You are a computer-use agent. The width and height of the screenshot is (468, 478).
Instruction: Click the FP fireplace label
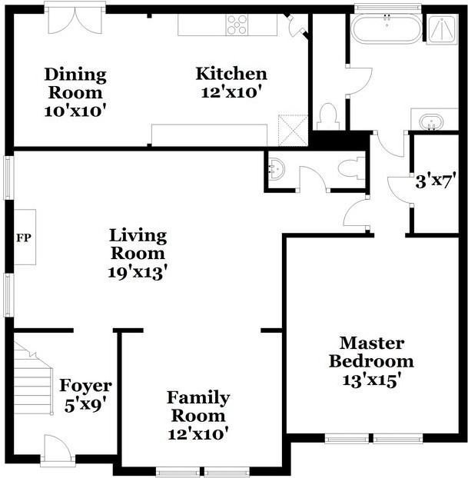pyautogui.click(x=24, y=237)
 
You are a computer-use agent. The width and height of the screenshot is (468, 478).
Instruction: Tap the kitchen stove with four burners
pyautogui.click(x=237, y=25)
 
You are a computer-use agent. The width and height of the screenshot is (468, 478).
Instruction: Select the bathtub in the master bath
pyautogui.click(x=387, y=28)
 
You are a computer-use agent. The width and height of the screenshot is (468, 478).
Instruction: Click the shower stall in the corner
pyautogui.click(x=442, y=29)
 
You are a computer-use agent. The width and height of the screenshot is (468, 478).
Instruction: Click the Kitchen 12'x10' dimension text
pyautogui.click(x=231, y=92)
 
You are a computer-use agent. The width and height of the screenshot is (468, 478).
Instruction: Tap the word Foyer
pyautogui.click(x=85, y=385)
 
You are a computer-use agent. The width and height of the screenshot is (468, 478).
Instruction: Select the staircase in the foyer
pyautogui.click(x=33, y=378)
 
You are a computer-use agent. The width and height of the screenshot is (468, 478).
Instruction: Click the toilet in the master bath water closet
pyautogui.click(x=328, y=117)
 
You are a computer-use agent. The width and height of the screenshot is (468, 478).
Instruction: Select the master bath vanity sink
pyautogui.click(x=431, y=122)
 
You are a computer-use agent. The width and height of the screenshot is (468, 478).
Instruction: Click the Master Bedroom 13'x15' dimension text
pyautogui.click(x=370, y=380)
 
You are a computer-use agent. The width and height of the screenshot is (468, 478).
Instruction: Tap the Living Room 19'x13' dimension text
pyautogui.click(x=138, y=272)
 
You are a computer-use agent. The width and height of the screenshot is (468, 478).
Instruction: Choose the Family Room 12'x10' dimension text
pyautogui.click(x=198, y=433)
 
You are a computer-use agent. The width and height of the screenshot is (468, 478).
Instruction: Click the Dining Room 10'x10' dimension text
pyautogui.click(x=75, y=111)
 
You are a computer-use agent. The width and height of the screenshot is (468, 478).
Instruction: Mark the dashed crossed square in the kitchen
pyautogui.click(x=293, y=130)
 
